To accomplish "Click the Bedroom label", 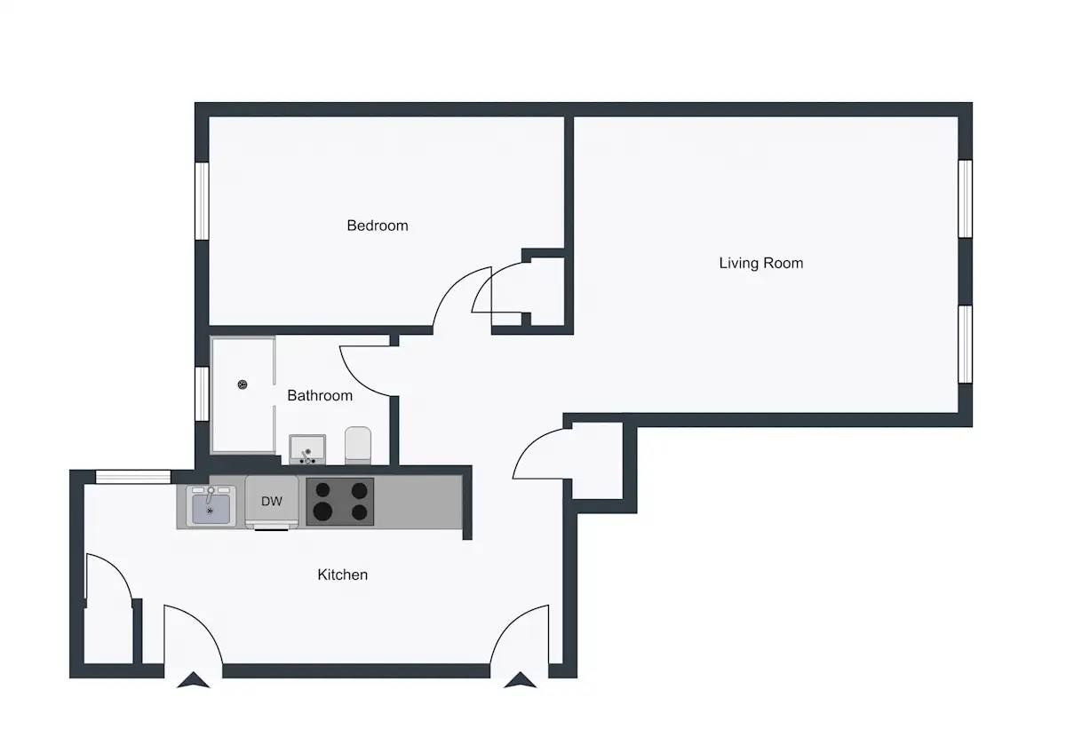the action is (378, 226).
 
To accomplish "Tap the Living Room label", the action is (761, 263).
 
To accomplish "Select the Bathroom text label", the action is (320, 395).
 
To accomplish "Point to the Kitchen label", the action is (343, 575).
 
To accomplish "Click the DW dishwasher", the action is (272, 503).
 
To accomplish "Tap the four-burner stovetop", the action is (339, 502).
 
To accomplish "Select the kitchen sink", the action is (211, 506).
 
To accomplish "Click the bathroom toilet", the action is (358, 445).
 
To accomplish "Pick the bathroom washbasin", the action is (307, 449).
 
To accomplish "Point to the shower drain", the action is (243, 384).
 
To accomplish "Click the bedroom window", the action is (203, 201).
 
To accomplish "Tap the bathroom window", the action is (203, 394).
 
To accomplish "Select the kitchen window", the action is (133, 477).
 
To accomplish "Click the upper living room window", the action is (965, 199).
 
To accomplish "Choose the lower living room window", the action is (965, 345).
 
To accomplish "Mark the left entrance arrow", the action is (194, 680).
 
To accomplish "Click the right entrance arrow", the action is (521, 680).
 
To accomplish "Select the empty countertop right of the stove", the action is (418, 502).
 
